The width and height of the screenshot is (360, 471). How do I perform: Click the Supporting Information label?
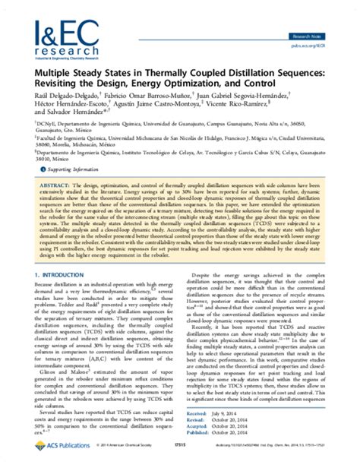70,193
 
